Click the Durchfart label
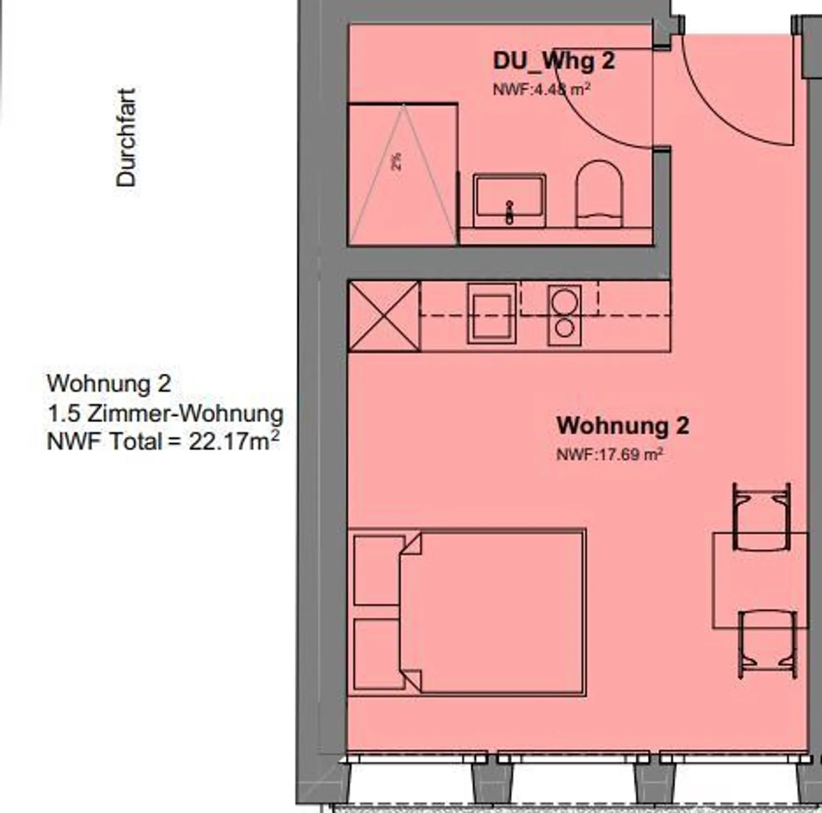coord(126,137)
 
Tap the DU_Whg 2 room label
coord(554,60)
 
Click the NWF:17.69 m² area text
coord(609,455)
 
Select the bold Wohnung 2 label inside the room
coord(623,426)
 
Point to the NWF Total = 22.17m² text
coord(163,442)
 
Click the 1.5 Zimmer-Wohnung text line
coord(165,413)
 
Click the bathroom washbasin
coord(509,197)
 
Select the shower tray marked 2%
coord(402,174)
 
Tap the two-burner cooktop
coord(565,315)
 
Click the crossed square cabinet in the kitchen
coord(384,316)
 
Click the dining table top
coord(760,581)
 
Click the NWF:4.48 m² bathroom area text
coord(541,90)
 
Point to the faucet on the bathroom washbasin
coord(509,212)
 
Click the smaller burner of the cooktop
coord(565,327)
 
